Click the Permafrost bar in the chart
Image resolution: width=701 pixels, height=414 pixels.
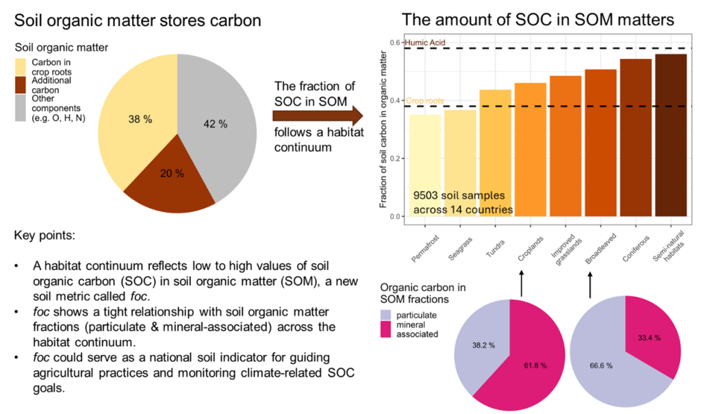point(425,164)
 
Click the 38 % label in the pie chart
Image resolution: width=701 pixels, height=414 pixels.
point(140,119)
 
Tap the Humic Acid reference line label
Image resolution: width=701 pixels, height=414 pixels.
point(425,42)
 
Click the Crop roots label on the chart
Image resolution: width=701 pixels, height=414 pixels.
point(424,101)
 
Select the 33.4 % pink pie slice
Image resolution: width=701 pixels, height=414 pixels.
point(648,328)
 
